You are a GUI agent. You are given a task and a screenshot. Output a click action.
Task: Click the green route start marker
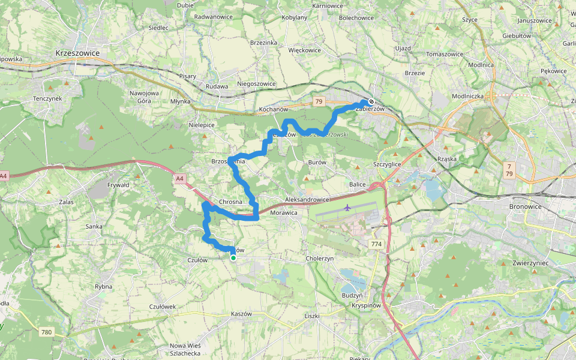[233, 258]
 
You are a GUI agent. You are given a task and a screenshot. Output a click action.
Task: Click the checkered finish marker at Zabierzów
[371, 101]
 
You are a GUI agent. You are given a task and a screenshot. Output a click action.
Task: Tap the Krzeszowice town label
[77, 53]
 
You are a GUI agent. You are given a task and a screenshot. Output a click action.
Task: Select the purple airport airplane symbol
[347, 208]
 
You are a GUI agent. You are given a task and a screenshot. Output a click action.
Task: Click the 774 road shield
[376, 244]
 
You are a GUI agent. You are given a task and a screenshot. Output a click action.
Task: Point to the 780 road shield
[46, 332]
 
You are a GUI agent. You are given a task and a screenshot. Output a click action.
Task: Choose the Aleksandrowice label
[307, 199]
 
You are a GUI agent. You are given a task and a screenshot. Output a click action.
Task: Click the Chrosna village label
[230, 202]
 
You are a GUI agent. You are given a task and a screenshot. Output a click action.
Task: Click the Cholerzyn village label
[320, 258]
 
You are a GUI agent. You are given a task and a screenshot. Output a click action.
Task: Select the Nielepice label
[202, 125]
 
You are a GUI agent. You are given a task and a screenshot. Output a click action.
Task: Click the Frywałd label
[118, 185]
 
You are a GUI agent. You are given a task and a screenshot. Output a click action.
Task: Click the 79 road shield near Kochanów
[318, 101]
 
